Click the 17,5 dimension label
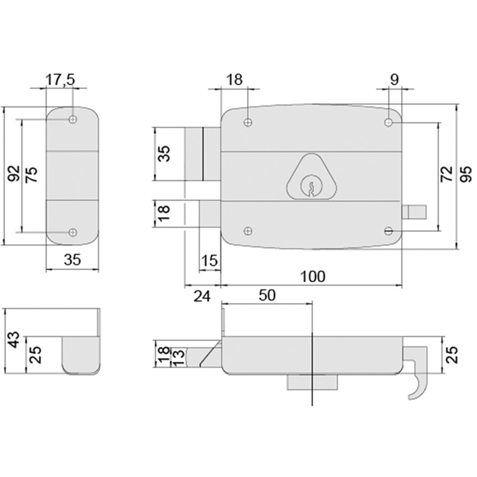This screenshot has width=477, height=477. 60,79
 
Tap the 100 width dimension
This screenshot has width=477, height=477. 313,276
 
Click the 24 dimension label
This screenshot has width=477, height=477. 202,296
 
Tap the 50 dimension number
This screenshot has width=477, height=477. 267,295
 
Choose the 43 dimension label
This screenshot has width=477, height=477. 14,340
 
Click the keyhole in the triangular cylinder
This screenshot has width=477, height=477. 312,188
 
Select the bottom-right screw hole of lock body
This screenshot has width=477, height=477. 388,231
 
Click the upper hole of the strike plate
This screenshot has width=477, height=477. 72,119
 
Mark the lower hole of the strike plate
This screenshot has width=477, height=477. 72,232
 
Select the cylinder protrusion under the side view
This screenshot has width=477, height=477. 312,383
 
